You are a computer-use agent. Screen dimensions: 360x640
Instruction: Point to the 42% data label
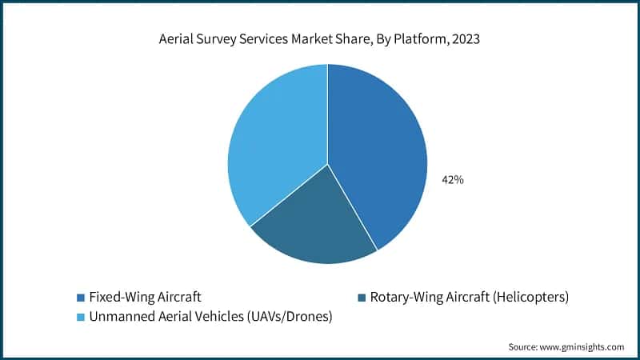(453, 180)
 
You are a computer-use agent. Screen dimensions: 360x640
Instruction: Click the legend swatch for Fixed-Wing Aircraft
(80, 298)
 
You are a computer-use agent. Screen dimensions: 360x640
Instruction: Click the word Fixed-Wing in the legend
(117, 298)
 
